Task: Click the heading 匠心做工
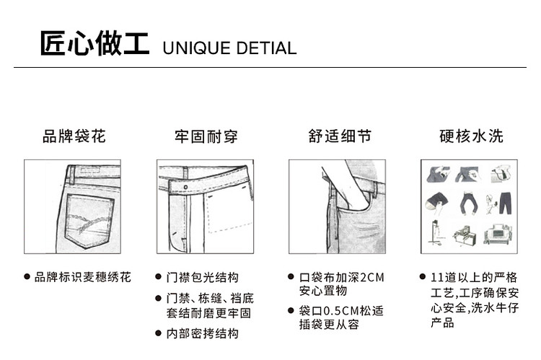click(94, 44)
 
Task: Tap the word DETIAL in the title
click(265, 48)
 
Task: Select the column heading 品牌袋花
click(74, 136)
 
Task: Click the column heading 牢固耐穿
click(206, 136)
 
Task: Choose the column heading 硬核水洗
click(471, 136)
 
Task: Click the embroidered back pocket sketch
click(73, 206)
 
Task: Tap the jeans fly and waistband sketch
click(205, 206)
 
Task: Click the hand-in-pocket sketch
click(338, 206)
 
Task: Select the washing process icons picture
click(470, 206)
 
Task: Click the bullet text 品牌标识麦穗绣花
click(83, 277)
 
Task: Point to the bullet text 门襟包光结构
click(203, 277)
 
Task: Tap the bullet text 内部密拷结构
click(203, 333)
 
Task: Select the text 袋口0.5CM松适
click(341, 312)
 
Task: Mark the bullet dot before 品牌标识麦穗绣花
click(27, 277)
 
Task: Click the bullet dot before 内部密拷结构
click(159, 333)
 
